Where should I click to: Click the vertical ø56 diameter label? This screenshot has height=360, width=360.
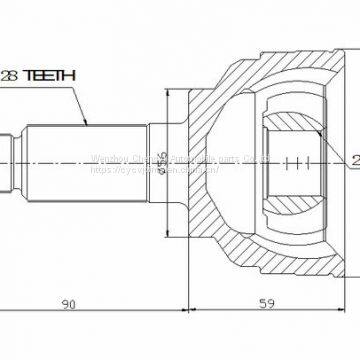pos(163,161)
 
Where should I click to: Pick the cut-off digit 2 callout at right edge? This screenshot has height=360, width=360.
pos(355,159)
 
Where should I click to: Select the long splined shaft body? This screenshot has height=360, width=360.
pos(85,160)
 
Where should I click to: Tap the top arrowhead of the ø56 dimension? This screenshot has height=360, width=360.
pos(170,94)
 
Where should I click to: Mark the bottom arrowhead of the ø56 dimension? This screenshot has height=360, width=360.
pos(170,228)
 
